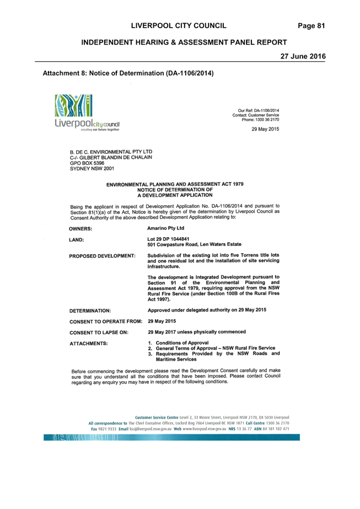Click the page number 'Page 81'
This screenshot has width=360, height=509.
coord(311,26)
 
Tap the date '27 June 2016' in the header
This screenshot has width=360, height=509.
coord(303,56)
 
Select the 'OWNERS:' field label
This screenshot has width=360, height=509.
coord(80,229)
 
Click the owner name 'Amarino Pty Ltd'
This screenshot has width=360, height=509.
coord(165,228)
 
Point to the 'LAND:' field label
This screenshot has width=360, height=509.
coord(76,240)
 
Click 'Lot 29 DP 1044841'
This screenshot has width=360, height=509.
coord(168,239)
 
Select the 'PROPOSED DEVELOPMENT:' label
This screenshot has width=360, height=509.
coord(102,256)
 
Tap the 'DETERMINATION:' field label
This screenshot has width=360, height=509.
coord(90,310)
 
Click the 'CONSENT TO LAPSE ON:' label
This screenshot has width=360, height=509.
coord(99,333)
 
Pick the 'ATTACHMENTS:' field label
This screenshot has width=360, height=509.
coord(89,344)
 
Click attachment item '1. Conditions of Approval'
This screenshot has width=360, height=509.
coord(178,343)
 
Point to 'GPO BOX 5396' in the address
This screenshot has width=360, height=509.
coord(87,163)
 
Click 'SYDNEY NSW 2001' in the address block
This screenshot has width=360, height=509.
coord(92,169)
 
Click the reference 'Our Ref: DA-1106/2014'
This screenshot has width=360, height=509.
coord(259,110)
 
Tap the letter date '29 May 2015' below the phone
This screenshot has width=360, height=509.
coord(265,129)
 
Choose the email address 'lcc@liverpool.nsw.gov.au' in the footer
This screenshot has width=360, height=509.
coord(151,429)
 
